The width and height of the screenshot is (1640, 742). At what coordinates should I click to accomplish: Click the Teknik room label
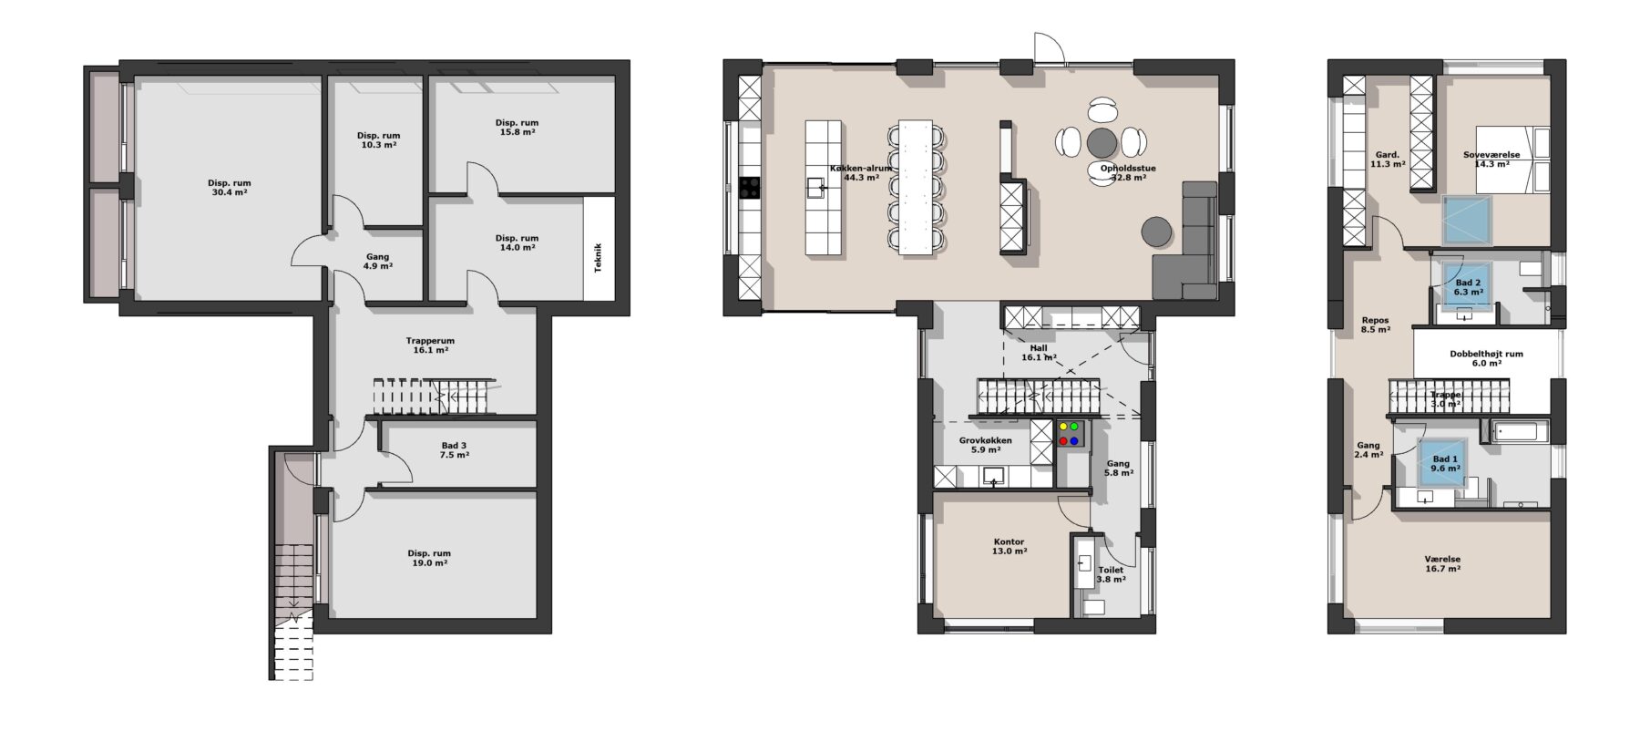pyautogui.click(x=598, y=257)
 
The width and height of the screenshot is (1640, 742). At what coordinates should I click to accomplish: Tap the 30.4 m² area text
pyautogui.click(x=229, y=192)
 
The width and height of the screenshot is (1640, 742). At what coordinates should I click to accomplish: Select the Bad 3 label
pyautogui.click(x=454, y=446)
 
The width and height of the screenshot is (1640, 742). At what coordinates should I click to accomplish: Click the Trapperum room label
pyautogui.click(x=430, y=341)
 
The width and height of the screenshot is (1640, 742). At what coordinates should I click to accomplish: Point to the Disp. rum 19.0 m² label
pyautogui.click(x=429, y=558)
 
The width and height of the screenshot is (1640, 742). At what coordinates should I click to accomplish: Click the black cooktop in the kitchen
pyautogui.click(x=749, y=187)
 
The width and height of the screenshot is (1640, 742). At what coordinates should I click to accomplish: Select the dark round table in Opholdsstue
pyautogui.click(x=1102, y=141)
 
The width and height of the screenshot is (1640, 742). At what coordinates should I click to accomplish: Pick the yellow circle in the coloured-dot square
pyautogui.click(x=1063, y=426)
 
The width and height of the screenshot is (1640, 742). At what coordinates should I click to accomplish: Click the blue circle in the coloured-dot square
pyautogui.click(x=1074, y=441)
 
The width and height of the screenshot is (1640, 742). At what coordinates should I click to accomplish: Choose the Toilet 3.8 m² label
pyautogui.click(x=1111, y=574)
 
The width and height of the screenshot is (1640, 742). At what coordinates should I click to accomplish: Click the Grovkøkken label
pyautogui.click(x=985, y=440)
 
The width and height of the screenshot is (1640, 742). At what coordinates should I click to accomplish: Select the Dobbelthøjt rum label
pyautogui.click(x=1486, y=354)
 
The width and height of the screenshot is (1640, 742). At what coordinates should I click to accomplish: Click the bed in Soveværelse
pyautogui.click(x=1512, y=159)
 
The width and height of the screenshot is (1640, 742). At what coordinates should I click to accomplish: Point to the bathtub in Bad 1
pyautogui.click(x=1521, y=431)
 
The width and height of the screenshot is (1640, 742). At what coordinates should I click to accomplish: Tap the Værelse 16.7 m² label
pyautogui.click(x=1442, y=563)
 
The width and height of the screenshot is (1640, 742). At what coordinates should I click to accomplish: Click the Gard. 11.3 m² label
pyautogui.click(x=1388, y=160)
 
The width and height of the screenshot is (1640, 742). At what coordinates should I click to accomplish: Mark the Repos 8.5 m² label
pyautogui.click(x=1375, y=325)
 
